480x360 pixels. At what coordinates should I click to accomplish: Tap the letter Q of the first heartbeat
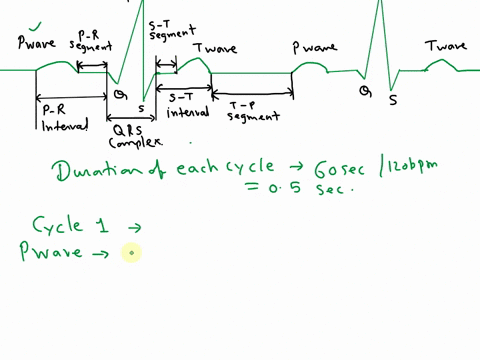[119, 94]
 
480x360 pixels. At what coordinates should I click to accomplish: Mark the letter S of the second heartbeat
[393, 99]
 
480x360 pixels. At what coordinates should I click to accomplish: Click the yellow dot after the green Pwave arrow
[128, 253]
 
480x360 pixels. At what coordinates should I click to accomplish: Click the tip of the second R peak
[379, 2]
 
